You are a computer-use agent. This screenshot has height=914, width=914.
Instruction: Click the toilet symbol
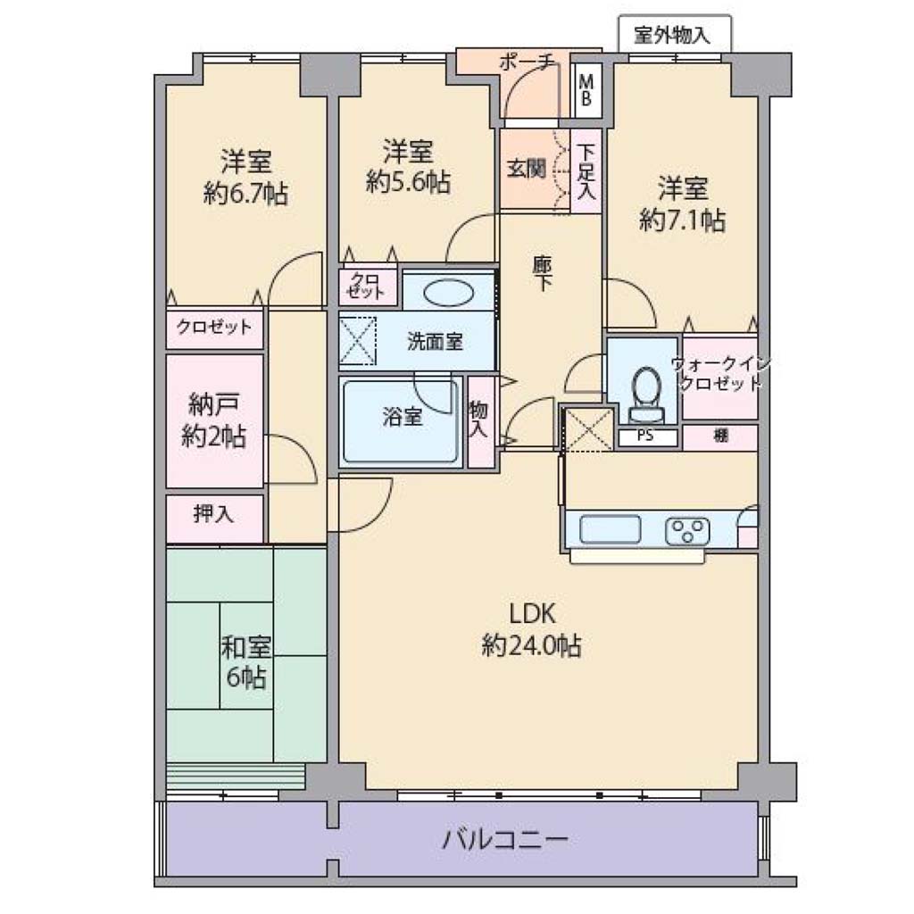pos(645,394)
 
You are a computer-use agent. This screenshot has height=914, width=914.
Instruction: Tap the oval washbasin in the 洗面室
pos(448,293)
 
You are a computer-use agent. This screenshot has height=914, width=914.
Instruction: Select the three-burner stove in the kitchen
pos(687,531)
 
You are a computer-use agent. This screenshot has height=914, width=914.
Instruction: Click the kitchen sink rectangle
pos(610,529)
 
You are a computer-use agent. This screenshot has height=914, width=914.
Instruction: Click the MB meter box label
pos(586,90)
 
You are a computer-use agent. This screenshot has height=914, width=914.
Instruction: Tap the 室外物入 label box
pos(675,35)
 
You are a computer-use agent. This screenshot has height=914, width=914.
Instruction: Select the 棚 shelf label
pos(721,436)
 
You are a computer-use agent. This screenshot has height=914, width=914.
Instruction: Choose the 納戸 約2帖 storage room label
pos(213,420)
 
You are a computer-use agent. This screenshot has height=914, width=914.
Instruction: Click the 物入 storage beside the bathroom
pos(480,421)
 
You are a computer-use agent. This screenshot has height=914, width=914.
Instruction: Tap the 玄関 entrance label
pos(527,169)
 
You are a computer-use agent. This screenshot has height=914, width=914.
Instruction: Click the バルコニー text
pos(505,840)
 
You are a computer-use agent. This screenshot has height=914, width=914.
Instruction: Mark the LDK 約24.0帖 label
pos(531,629)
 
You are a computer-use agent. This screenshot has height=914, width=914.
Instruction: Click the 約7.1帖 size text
pos(682,221)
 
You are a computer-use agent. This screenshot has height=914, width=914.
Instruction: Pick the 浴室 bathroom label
pos(403,417)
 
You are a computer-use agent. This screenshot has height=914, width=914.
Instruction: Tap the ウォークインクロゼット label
pos(720,374)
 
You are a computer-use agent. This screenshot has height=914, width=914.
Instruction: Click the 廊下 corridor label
pos(543,273)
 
